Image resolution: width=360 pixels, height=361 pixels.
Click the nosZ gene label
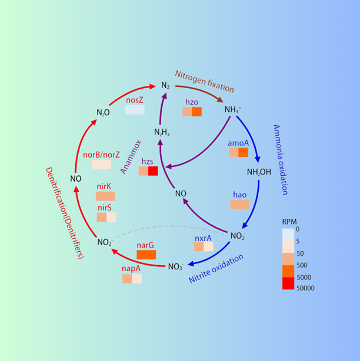coord(134,101)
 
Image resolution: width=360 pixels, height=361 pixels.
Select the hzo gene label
coord(192,102)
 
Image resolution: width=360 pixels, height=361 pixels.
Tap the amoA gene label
coord(238,143)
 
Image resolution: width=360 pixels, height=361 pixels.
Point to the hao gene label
coord(239,195)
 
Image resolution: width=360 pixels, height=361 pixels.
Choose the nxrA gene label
coord(203,238)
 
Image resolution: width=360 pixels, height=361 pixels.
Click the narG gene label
coord(145,245)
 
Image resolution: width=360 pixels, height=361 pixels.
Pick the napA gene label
coord(131,269)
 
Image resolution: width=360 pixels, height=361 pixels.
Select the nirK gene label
coord(105,186)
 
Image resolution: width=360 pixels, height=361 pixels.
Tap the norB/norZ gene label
coord(101,155)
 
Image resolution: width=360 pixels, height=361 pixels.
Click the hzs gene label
coord(148,161)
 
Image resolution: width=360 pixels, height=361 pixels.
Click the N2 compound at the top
coord(165,86)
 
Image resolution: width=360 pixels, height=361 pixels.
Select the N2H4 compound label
coord(162,132)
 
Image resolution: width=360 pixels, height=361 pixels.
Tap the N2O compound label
coord(103,112)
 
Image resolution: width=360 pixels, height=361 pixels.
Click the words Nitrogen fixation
coord(204,81)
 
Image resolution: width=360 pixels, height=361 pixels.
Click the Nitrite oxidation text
coord(216,268)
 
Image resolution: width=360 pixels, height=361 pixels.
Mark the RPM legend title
coord(289,222)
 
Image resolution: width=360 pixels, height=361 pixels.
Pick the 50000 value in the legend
coord(305,288)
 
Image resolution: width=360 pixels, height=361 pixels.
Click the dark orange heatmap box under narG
coord(146,255)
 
